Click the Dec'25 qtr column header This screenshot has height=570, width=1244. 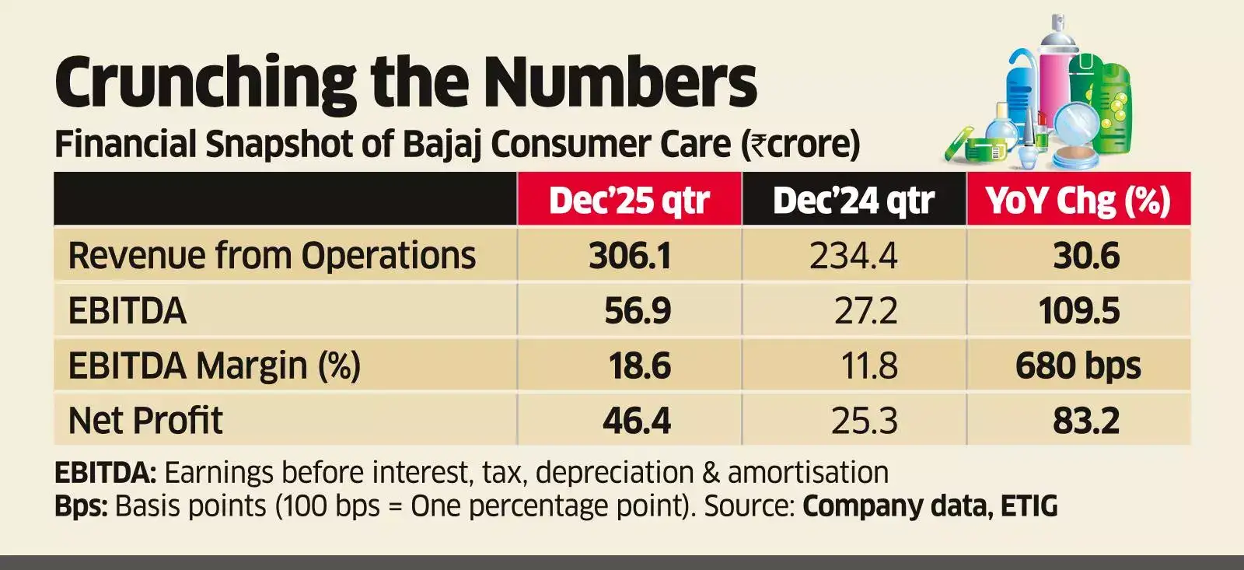coord(629,201)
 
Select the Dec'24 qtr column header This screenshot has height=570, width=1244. coord(854,201)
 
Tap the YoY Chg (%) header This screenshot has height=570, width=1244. coord(1078,201)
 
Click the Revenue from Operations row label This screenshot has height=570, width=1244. coord(272,256)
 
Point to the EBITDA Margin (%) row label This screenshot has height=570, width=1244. coord(215,365)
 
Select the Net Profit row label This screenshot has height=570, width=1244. coord(145,421)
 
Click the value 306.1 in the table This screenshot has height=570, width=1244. coord(630,256)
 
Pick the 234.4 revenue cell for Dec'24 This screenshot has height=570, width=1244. coord(854,256)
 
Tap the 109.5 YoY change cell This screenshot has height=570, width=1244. coord(1079,311)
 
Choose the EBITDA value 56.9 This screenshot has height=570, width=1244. coord(638,311)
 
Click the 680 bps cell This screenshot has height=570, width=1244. coord(1078,365)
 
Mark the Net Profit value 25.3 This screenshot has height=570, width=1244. coord(864,421)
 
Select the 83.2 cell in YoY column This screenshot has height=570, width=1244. coord(1086,421)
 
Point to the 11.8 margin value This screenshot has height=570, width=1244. coord(869,365)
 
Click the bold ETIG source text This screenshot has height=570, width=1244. coord(1029,506)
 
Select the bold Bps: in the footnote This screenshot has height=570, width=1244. coord(81,506)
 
